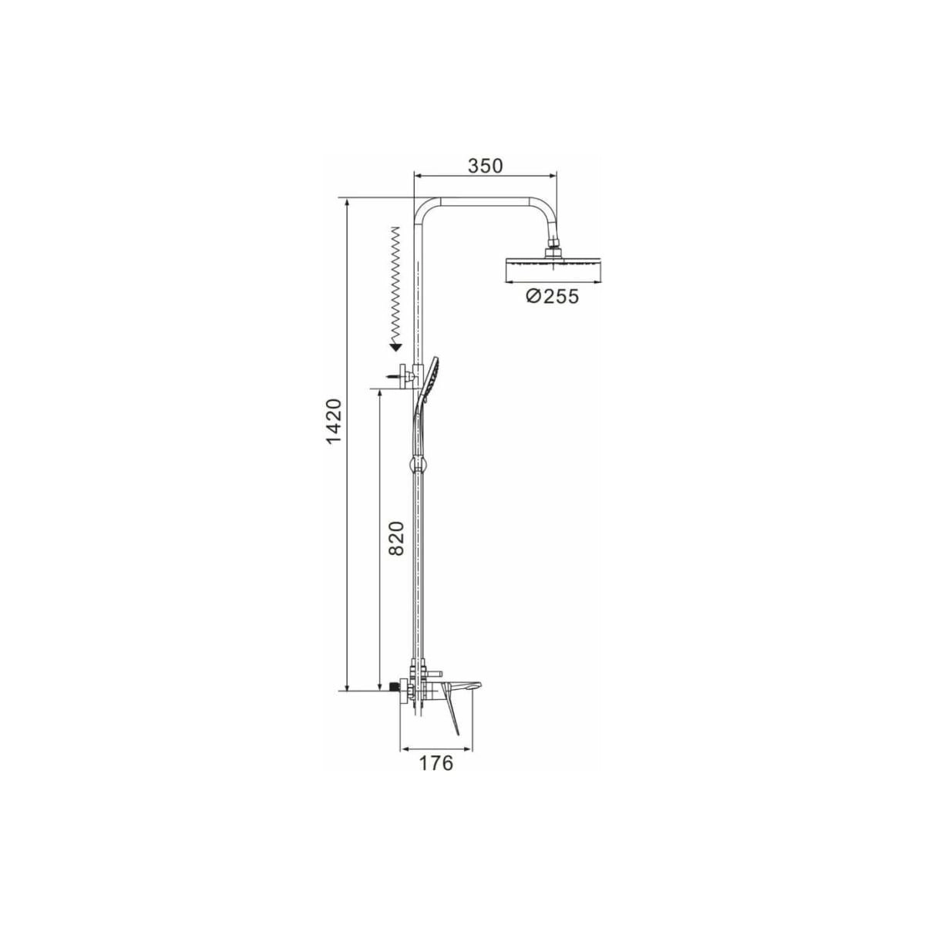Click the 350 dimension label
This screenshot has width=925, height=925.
pyautogui.click(x=485, y=166)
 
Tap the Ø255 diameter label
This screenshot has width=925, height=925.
pyautogui.click(x=552, y=296)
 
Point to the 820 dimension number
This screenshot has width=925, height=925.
pyautogui.click(x=396, y=538)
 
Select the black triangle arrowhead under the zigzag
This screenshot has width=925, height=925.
pyautogui.click(x=395, y=347)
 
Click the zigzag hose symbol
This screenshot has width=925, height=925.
pyautogui.click(x=396, y=284)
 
